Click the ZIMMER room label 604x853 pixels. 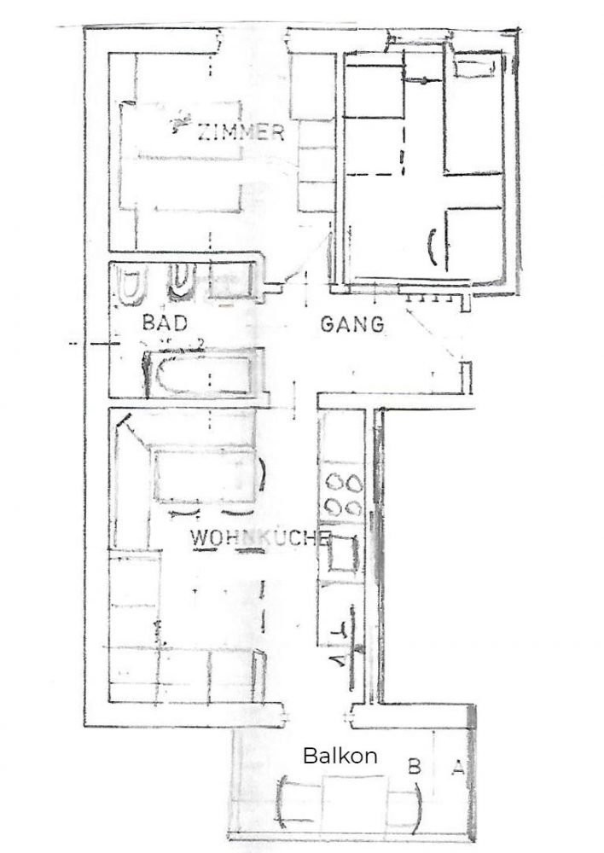(x=240, y=132)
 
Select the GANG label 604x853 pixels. (x=352, y=324)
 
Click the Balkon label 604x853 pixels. (x=340, y=755)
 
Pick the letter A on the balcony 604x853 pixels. (x=456, y=767)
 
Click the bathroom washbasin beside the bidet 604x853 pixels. (x=229, y=283)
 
